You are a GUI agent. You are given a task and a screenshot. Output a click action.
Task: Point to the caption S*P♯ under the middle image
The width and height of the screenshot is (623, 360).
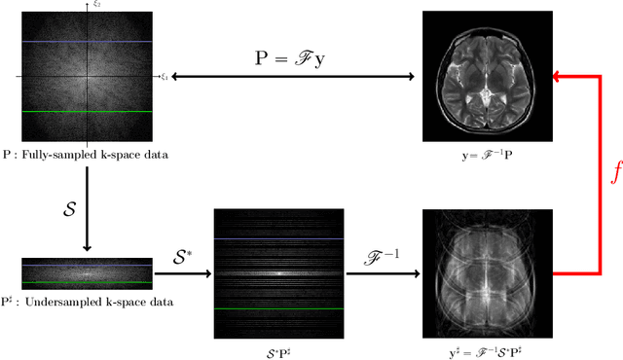pyautogui.click(x=277, y=349)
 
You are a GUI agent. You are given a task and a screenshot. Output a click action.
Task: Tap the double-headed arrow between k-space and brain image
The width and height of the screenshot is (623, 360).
pyautogui.click(x=292, y=76)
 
